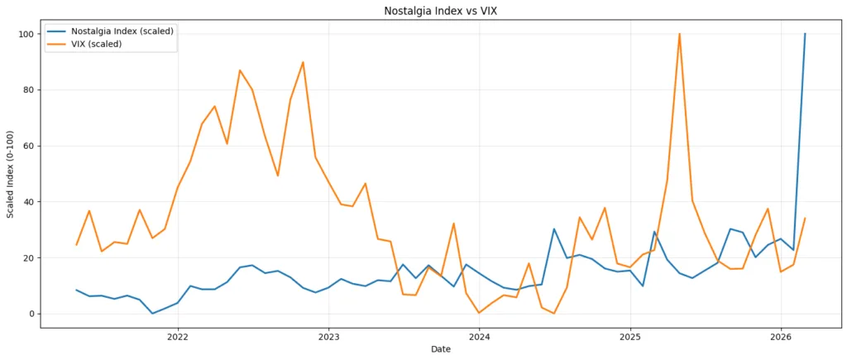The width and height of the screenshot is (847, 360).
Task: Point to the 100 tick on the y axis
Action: [26, 34]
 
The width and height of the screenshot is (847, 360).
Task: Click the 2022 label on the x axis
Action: [178, 337]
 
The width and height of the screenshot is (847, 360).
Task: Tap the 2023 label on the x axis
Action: [328, 337]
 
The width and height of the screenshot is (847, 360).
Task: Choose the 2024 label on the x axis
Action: [480, 337]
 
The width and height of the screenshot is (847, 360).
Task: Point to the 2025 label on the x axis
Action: [630, 337]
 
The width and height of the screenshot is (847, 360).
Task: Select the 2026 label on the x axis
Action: [782, 337]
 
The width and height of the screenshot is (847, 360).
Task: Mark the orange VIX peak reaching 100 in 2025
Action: [679, 35]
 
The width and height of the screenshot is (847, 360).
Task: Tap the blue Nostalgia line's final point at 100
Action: [805, 35]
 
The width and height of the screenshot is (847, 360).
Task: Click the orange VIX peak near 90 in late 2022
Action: [303, 62]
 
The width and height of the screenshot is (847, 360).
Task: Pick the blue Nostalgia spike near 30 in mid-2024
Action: [554, 229]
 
